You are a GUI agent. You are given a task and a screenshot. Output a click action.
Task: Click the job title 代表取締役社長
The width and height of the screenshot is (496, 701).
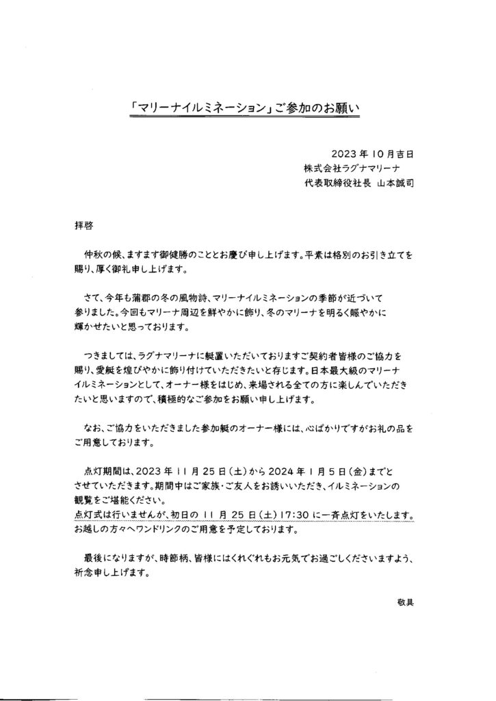tap(336, 183)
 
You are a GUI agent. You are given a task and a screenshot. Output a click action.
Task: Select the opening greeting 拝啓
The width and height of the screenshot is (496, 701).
tap(83, 224)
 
